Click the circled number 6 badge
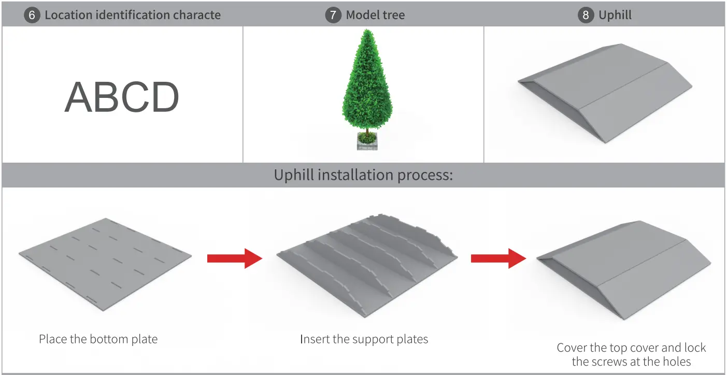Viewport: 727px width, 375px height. [x=32, y=15]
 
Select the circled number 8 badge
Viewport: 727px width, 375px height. [x=586, y=15]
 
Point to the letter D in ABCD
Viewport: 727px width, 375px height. [x=163, y=98]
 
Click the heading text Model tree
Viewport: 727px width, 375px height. [x=375, y=15]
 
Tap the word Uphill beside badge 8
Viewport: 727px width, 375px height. [x=615, y=15]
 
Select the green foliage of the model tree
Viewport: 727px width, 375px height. [x=367, y=83]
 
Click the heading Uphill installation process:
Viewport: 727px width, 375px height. [x=363, y=175]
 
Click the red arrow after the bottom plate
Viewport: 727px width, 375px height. [x=234, y=258]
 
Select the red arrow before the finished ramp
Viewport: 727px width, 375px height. [x=498, y=258]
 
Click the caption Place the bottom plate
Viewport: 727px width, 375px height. [x=98, y=339]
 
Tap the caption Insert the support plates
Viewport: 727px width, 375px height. [x=364, y=339]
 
